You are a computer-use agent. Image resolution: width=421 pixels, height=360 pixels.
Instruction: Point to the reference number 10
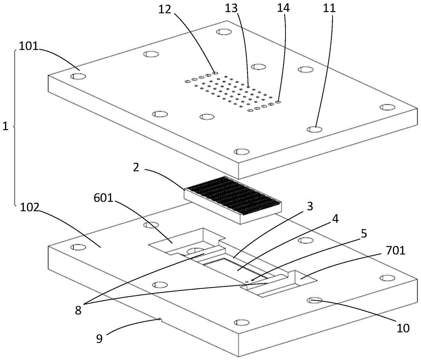coord(403,328)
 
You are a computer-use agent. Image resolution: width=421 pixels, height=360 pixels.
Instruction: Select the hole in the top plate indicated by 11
coord(314,129)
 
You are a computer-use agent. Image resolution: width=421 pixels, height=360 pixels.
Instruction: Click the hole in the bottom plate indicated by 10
coord(315,300)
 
